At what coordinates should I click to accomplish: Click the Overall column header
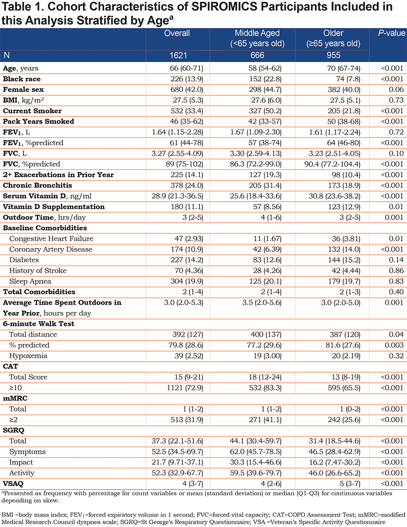click(x=177, y=33)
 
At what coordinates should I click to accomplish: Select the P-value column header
click(x=392, y=33)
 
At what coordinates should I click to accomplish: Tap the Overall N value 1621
click(x=178, y=55)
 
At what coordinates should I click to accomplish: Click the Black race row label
click(x=22, y=79)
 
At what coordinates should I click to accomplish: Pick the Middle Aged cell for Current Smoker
click(x=265, y=111)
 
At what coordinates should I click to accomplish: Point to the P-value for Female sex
click(x=396, y=90)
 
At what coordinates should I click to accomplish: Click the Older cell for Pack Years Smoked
click(x=344, y=121)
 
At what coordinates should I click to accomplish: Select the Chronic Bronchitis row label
click(x=37, y=185)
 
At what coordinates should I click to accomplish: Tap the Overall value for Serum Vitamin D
click(x=177, y=196)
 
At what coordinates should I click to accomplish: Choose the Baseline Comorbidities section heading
click(x=45, y=228)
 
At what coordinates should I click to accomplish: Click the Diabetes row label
click(x=24, y=260)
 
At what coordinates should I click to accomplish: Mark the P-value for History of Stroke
click(x=396, y=270)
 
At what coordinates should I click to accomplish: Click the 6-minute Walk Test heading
click(x=39, y=324)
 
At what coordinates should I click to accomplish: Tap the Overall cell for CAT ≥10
click(x=185, y=388)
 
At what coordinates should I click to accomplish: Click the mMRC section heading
click(x=15, y=398)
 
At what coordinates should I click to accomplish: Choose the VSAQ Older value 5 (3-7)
click(x=350, y=483)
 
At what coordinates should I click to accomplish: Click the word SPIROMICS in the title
click(x=224, y=7)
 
